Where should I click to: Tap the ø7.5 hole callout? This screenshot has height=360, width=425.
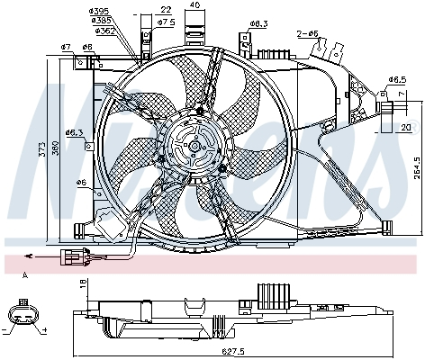(x=166, y=21)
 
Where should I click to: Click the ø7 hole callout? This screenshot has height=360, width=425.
(x=66, y=47)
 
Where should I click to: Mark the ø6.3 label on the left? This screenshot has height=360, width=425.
(x=75, y=132)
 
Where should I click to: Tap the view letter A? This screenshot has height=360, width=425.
(x=24, y=274)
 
